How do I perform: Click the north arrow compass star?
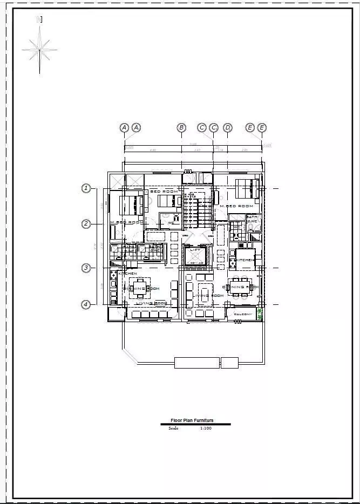click(x=39, y=50)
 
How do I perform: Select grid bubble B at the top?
click(x=181, y=127)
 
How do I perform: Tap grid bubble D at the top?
click(x=228, y=127)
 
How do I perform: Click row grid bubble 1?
click(x=86, y=188)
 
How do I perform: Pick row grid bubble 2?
click(x=86, y=224)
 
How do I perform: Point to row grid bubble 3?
click(x=86, y=268)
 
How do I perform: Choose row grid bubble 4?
click(x=86, y=305)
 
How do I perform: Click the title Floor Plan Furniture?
click(x=192, y=420)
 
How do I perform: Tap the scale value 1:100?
click(x=205, y=428)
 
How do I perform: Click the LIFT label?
click(x=195, y=250)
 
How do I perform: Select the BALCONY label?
click(x=243, y=314)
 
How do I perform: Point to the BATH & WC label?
click(x=252, y=219)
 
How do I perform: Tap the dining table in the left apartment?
click(x=139, y=288)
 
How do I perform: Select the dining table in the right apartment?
click(x=239, y=287)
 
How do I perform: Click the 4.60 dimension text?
click(x=153, y=150)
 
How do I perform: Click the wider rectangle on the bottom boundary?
click(x=197, y=363)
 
